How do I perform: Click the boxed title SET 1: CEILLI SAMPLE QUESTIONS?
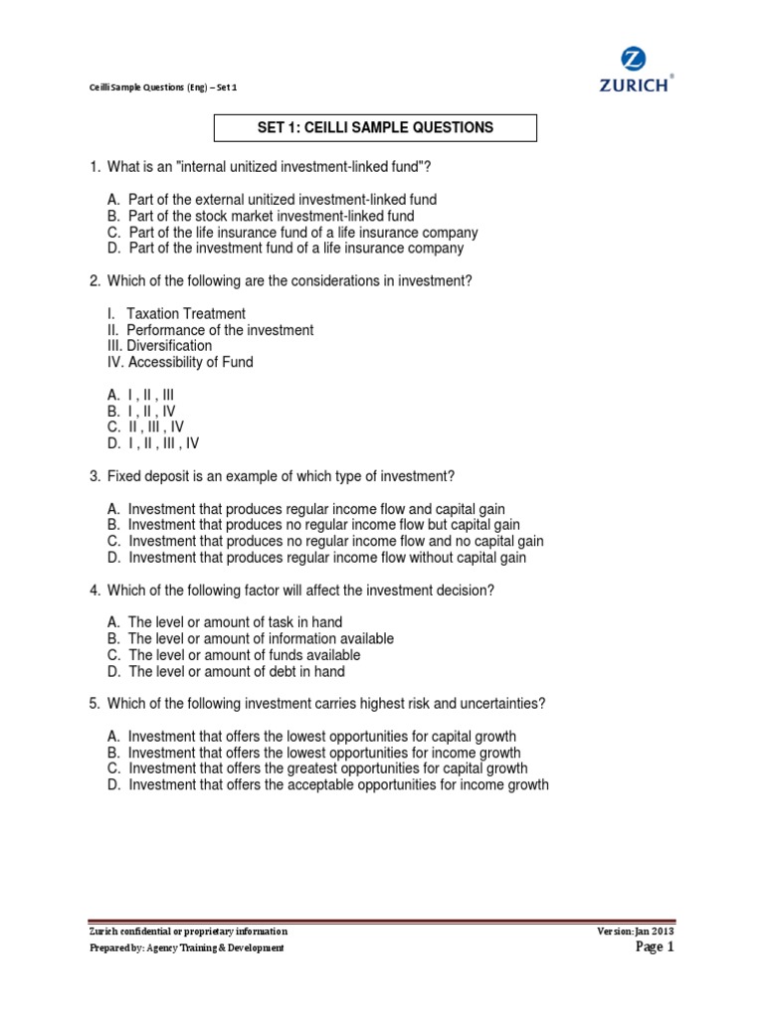(x=376, y=128)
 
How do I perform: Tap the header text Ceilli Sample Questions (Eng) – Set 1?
(x=163, y=87)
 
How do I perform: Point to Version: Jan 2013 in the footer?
(x=637, y=932)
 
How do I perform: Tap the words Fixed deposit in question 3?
(x=148, y=476)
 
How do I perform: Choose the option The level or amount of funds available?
(x=234, y=655)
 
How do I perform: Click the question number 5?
(x=94, y=704)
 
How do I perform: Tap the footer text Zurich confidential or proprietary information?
(x=188, y=932)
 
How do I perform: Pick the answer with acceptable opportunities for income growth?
(x=327, y=785)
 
